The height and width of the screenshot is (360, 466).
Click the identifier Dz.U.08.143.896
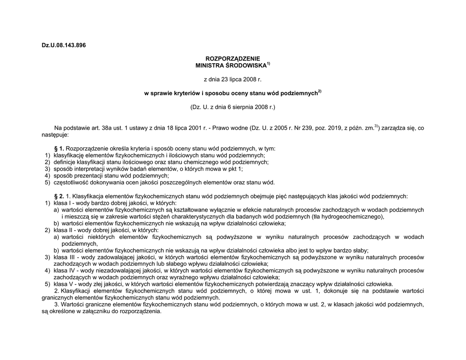(63, 45)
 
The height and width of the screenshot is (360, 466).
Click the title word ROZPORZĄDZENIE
(233, 59)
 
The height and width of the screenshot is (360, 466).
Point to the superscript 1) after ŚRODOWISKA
(268, 64)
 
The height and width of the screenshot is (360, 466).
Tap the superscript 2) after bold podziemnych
(319, 91)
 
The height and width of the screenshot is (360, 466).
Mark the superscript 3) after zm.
(376, 126)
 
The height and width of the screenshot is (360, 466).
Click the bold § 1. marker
(59, 149)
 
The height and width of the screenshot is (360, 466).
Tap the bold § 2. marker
(59, 197)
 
